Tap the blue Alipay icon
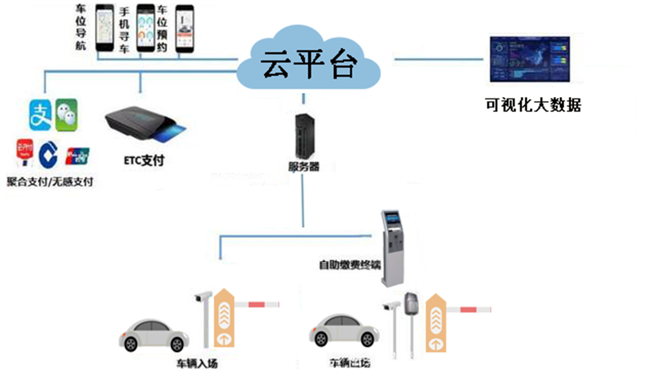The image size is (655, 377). coord(39,114)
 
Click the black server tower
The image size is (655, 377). coord(302,134)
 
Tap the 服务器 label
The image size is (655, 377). coord(304,167)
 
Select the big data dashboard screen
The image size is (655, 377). coord(530,60)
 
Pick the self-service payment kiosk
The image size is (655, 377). coord(395,248)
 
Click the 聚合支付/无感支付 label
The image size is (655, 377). coord(49,180)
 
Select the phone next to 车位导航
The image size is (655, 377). coord(105,30)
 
